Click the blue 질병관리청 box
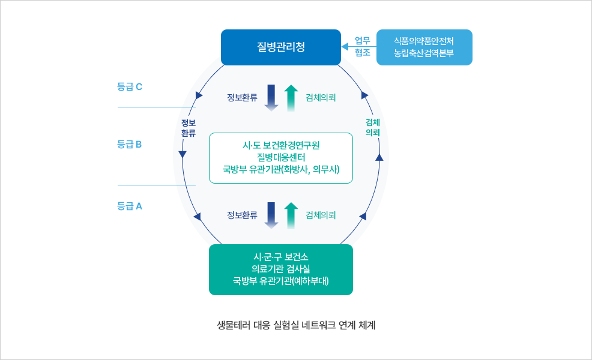280,47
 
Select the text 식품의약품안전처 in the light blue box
424,41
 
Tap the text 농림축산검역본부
424,53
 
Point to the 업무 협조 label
362,47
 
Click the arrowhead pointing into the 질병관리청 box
345,47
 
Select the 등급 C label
130,86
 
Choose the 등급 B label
130,144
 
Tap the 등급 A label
130,206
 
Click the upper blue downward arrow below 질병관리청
271,97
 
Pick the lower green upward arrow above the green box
291,215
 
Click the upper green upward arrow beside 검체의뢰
291,97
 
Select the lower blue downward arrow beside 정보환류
271,215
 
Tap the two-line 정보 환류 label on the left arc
189,128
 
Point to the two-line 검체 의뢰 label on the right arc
373,127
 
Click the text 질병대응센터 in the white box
280,157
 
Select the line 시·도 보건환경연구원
280,145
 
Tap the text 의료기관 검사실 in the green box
280,269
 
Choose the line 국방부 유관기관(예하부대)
280,281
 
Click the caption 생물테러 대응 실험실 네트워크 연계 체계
296,325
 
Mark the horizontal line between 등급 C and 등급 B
156,107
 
